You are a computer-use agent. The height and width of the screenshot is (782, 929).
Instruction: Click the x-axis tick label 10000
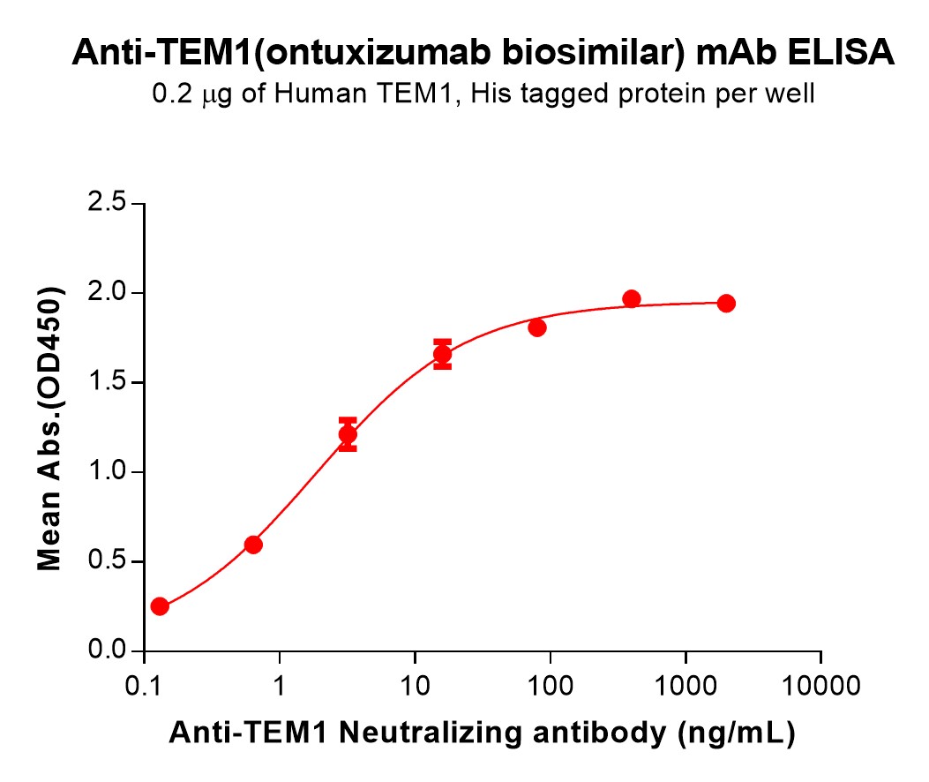[820, 686]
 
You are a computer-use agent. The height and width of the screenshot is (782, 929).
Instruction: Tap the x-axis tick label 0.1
[143, 686]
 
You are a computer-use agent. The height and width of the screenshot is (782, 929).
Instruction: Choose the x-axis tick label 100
[550, 686]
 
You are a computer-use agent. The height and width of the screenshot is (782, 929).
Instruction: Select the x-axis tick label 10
[415, 686]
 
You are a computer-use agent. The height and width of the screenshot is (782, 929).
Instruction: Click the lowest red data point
[160, 606]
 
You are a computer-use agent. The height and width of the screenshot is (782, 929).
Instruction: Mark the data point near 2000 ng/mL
[726, 304]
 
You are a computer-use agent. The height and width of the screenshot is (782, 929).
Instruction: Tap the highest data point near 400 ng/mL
[631, 299]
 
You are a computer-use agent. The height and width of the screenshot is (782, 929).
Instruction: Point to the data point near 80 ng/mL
[536, 328]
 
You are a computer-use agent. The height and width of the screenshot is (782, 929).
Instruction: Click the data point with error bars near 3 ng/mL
[348, 434]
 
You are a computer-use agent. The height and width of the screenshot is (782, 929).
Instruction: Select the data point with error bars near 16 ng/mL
[442, 355]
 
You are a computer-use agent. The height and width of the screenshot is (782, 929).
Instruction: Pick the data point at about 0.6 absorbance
[253, 545]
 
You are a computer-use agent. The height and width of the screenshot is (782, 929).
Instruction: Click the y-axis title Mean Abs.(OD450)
[50, 428]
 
